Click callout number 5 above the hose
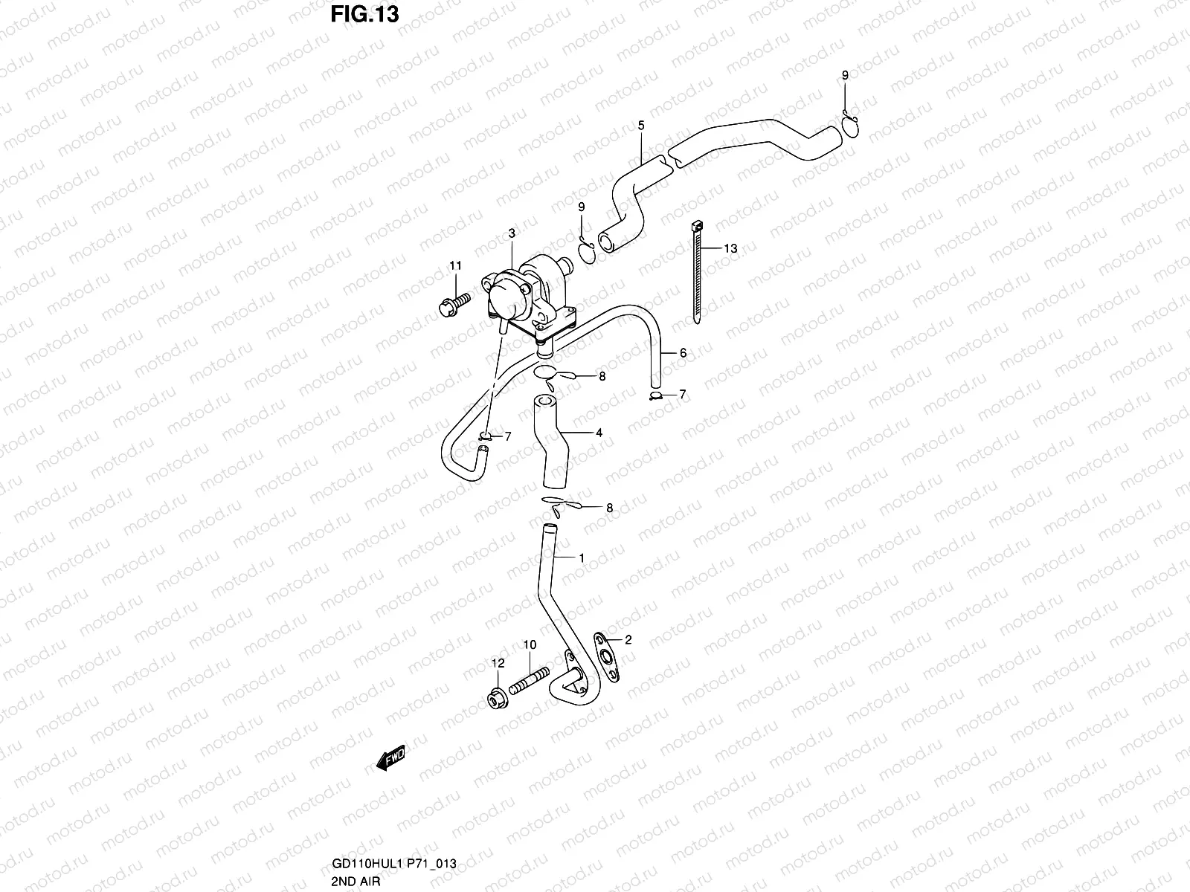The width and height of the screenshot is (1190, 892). pyautogui.click(x=641, y=126)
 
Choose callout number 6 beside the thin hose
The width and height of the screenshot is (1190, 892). pyautogui.click(x=683, y=354)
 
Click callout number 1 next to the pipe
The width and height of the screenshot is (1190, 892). pyautogui.click(x=582, y=557)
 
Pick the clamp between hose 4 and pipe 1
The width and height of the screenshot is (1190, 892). pyautogui.click(x=559, y=503)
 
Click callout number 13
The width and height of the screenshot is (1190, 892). pyautogui.click(x=730, y=249)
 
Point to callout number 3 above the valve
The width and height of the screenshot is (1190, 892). pyautogui.click(x=512, y=234)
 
